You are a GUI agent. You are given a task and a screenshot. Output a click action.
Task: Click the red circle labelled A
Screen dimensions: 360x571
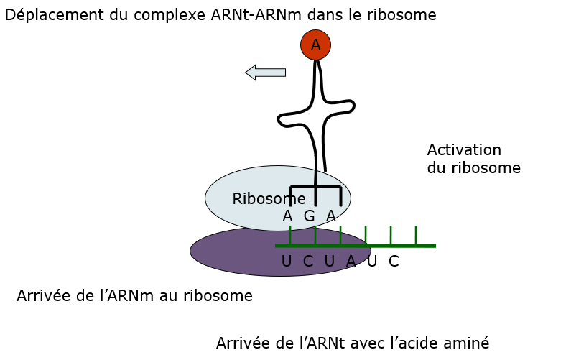(x=315, y=45)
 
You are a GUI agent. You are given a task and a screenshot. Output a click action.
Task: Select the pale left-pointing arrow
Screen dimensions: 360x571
(x=265, y=72)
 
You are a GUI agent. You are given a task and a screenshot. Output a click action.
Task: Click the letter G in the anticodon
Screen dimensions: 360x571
(x=310, y=216)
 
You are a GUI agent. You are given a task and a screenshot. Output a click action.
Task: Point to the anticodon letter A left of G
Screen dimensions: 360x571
(x=287, y=216)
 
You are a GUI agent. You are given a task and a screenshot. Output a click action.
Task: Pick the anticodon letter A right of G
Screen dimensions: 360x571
(x=331, y=216)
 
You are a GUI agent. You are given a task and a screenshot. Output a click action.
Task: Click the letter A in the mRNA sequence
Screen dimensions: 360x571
(x=351, y=262)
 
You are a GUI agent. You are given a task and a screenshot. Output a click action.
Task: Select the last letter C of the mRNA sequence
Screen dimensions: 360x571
(x=394, y=262)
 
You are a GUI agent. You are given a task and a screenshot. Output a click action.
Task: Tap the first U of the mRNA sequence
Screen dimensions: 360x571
(x=287, y=262)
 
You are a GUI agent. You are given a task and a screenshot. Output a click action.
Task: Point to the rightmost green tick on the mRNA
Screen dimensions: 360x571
(x=416, y=235)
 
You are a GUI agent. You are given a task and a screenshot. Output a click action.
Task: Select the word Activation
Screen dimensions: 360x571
(x=464, y=150)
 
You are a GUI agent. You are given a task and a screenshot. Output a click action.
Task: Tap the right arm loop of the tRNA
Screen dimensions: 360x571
(x=345, y=107)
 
